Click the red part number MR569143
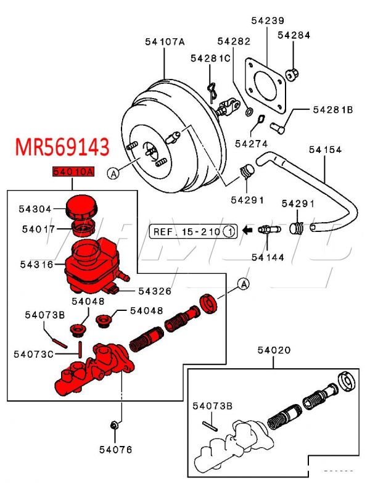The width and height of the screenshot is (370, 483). [62, 148]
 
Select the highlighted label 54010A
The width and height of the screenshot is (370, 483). [72, 173]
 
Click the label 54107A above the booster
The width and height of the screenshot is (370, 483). [165, 42]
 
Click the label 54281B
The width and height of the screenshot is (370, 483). [332, 110]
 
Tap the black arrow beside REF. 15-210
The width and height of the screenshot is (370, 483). [247, 231]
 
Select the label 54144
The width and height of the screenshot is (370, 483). [268, 257]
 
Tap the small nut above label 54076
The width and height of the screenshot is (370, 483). [114, 425]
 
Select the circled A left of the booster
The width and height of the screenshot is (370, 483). [113, 174]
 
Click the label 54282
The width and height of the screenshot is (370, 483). [234, 42]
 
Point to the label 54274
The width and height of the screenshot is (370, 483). [250, 144]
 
